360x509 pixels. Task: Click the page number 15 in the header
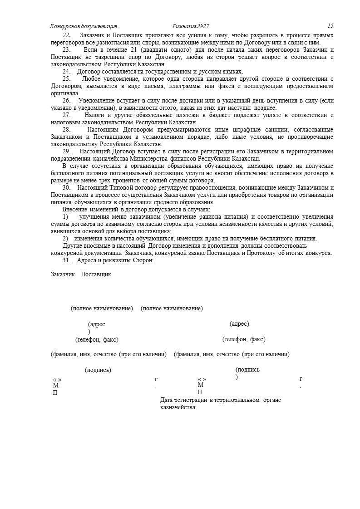330,26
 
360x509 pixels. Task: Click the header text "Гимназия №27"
191,26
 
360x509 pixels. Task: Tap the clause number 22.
66,35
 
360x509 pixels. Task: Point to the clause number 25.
66,79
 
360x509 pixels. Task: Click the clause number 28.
66,129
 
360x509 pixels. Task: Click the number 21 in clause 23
131,49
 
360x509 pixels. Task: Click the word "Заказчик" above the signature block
63,274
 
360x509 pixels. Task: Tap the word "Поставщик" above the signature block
96,274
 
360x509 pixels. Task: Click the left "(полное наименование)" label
102,308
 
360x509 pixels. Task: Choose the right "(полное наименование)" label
172,308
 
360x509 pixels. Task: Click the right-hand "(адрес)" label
239,324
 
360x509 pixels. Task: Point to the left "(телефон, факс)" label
97,339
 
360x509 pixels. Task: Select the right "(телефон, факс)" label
244,339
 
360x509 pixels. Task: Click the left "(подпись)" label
98,370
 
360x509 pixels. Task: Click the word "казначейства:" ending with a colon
178,407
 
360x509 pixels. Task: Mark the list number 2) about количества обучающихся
65,239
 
